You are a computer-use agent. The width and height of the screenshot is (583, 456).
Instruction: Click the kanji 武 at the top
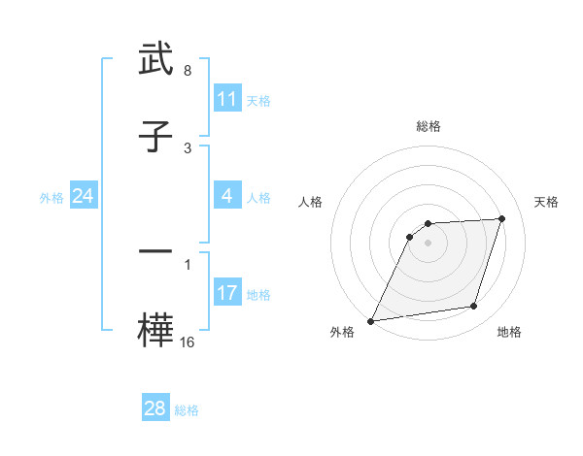[x=155, y=60]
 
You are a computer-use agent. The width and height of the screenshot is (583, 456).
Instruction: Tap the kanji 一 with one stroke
[x=155, y=251]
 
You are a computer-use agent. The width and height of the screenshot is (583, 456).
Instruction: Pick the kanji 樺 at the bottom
[x=155, y=328]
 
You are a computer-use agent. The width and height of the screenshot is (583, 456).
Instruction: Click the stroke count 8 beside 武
[x=188, y=72]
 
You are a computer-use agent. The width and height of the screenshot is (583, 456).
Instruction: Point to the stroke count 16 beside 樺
[x=188, y=342]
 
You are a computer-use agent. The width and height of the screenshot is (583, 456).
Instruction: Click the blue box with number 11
[x=227, y=99]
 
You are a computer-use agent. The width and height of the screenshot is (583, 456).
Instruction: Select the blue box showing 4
[x=227, y=197]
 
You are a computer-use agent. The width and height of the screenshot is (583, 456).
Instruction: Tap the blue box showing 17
[x=227, y=293]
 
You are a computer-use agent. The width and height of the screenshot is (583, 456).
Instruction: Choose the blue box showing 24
[x=84, y=197]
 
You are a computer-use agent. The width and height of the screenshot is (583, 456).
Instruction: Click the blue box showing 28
[x=155, y=408]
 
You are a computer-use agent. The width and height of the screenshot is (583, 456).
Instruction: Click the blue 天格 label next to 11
[x=258, y=100]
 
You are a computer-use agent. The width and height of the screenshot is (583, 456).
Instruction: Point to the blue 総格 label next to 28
[x=187, y=409]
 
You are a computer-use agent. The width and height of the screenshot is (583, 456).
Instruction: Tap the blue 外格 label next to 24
[x=51, y=198]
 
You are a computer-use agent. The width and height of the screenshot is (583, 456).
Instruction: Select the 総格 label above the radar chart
[x=429, y=126]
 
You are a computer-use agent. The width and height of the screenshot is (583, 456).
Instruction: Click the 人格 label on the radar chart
[x=310, y=202]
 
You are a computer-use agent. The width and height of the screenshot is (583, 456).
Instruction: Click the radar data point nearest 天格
[x=502, y=218]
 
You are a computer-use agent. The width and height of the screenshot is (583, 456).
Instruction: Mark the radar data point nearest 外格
[x=370, y=320]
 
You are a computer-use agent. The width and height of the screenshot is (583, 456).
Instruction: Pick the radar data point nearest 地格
[x=474, y=307]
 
